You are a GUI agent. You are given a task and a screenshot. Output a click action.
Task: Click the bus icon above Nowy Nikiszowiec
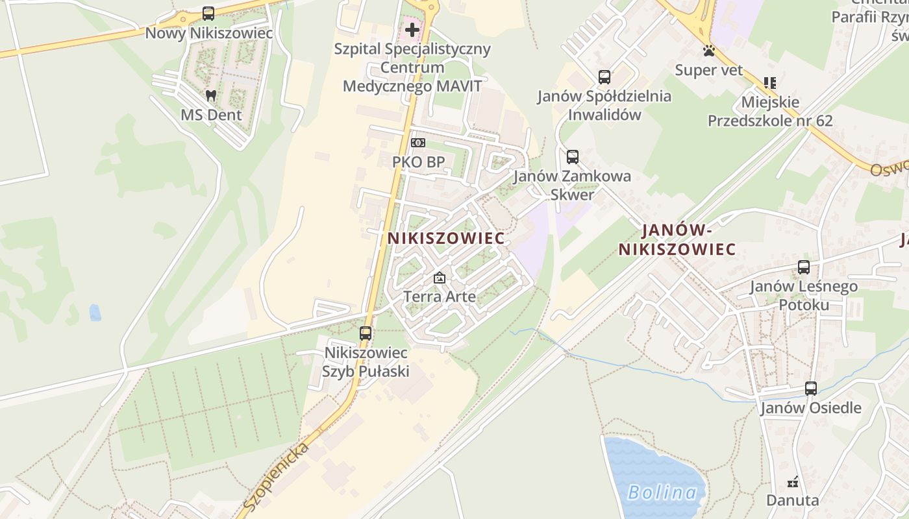click(x=208, y=13)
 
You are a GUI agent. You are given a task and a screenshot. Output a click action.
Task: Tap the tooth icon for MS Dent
click(x=210, y=95)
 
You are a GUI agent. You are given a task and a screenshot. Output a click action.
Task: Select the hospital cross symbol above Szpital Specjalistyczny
click(x=412, y=29)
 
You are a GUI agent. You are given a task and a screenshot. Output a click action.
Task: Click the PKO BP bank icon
click(x=418, y=142)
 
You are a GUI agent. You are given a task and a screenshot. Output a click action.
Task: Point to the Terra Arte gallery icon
click(x=440, y=278)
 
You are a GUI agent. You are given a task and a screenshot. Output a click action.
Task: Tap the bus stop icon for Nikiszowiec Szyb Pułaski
click(x=366, y=333)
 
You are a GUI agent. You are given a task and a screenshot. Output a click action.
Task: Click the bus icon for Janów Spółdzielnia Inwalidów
click(x=604, y=77)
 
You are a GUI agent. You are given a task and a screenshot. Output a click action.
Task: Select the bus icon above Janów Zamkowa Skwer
click(x=572, y=157)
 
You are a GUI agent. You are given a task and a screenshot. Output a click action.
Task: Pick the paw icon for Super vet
click(x=708, y=51)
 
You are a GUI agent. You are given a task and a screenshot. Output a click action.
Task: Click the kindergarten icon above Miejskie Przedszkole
click(x=770, y=83)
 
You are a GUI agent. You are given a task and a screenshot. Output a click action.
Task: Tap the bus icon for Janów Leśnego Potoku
click(x=804, y=267)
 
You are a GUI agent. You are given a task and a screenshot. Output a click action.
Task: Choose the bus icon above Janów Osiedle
click(x=811, y=389)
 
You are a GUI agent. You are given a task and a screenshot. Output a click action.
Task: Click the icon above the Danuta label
click(x=792, y=482)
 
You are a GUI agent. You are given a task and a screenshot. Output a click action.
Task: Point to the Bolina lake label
click(x=662, y=492)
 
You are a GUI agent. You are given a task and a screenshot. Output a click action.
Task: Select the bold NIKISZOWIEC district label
click(x=446, y=238)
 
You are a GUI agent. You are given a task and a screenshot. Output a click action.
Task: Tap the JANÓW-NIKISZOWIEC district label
click(x=677, y=239)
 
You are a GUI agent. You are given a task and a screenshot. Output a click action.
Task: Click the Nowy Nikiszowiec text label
click(x=209, y=32)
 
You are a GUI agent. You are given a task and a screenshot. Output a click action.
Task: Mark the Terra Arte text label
click(x=440, y=296)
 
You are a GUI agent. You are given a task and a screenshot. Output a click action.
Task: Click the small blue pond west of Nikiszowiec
click(x=95, y=313)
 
